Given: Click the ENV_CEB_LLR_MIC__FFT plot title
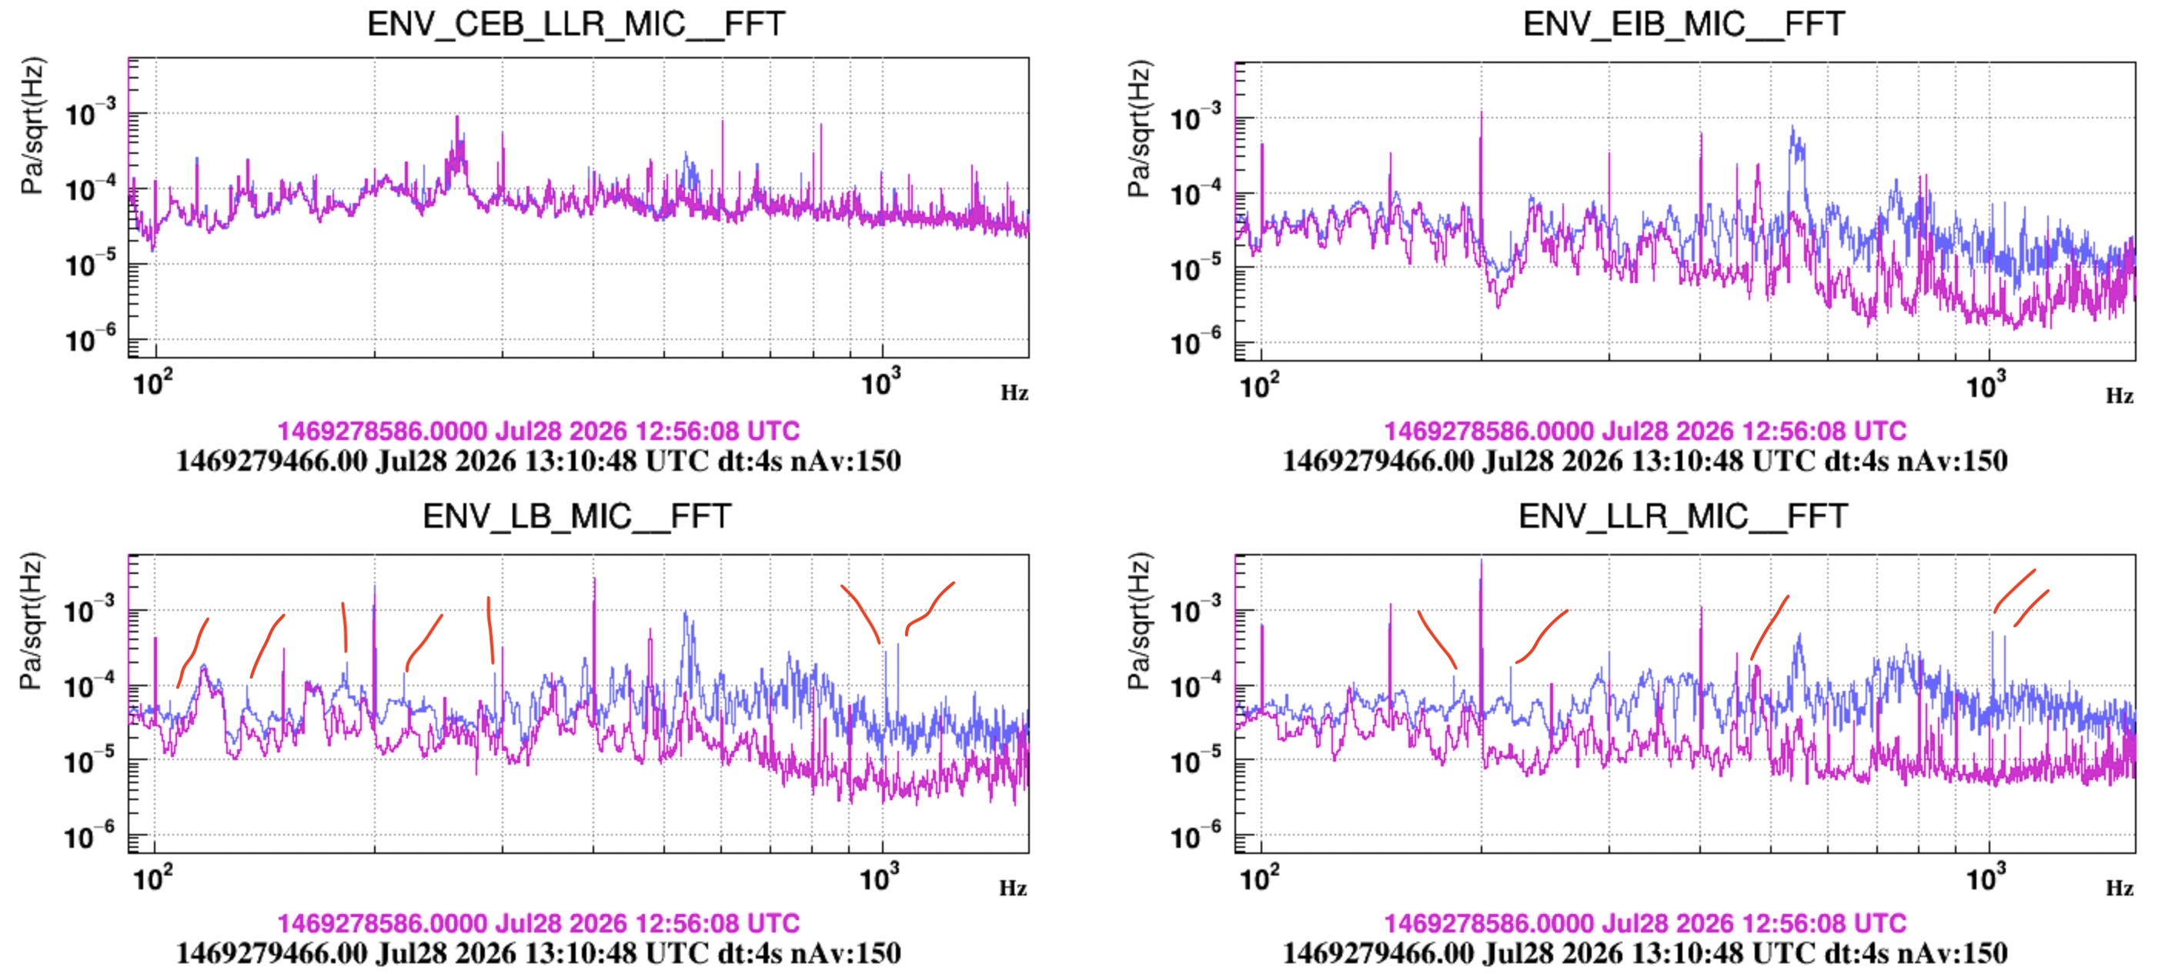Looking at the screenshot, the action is [x=576, y=24].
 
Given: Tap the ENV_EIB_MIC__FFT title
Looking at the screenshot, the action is [x=1684, y=24].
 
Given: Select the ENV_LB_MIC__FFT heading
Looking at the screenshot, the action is [x=576, y=515].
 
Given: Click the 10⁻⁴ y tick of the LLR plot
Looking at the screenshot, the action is [x=1199, y=685].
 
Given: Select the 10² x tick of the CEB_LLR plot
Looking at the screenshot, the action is [x=153, y=382].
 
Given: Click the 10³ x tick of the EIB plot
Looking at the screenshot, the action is [x=1985, y=385].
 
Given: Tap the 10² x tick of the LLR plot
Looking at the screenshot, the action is [x=1259, y=878].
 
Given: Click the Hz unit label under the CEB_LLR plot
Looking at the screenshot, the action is [x=1014, y=392].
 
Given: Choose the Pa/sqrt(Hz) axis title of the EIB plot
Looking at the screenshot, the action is [x=1138, y=128].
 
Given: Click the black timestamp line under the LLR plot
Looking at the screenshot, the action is [x=1645, y=953].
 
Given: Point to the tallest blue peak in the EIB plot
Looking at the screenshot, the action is [x=1792, y=128].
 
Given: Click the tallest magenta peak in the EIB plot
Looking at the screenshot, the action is [x=1481, y=113].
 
